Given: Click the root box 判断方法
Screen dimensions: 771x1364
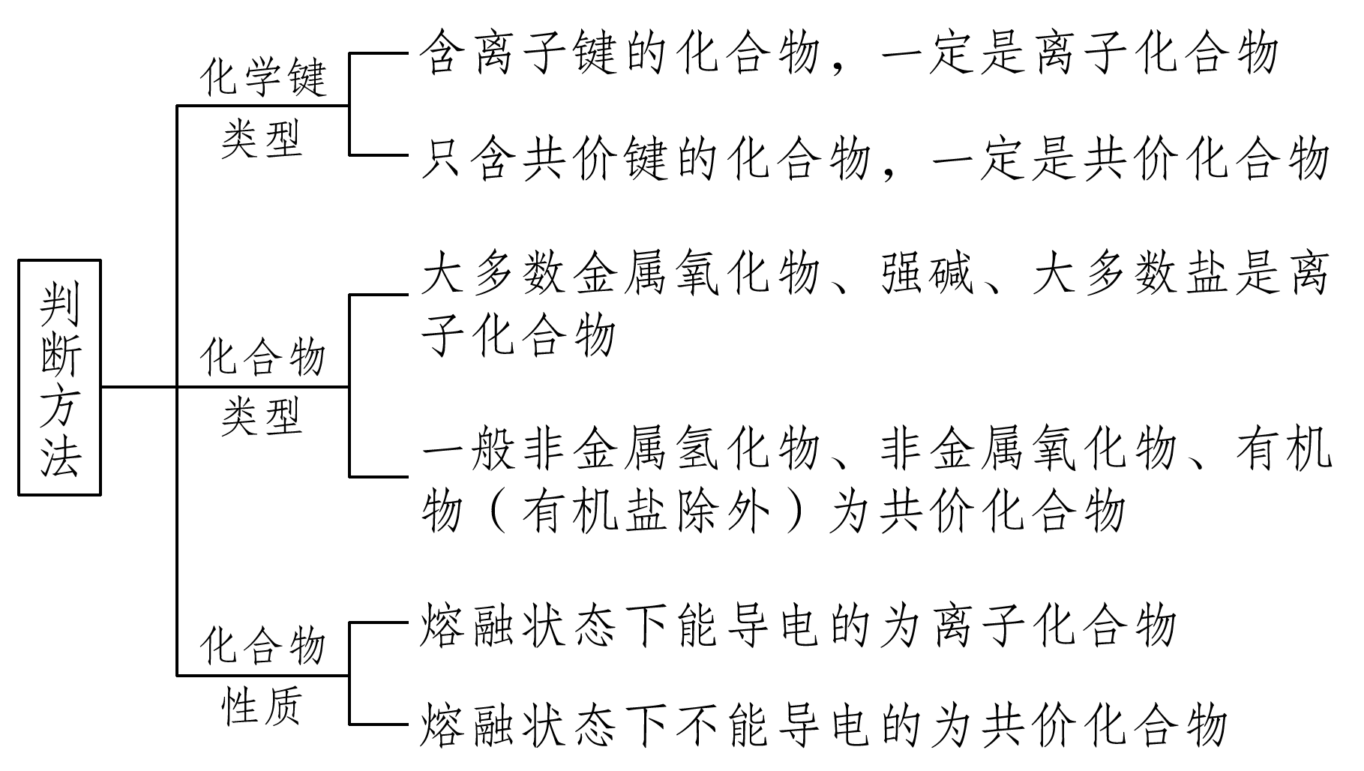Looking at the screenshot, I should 59,377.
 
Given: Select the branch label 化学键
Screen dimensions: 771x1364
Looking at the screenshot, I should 263,76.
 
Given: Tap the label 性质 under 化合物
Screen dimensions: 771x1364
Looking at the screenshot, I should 262,706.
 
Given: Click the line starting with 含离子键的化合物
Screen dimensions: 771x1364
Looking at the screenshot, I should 848,54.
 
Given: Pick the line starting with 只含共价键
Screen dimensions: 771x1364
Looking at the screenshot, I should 874,159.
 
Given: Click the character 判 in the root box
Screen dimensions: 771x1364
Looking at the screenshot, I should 59,304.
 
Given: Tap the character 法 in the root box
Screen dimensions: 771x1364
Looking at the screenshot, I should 59,454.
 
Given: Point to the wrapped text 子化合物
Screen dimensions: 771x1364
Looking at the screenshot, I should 518,335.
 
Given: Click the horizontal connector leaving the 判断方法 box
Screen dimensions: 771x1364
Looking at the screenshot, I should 139,387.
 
